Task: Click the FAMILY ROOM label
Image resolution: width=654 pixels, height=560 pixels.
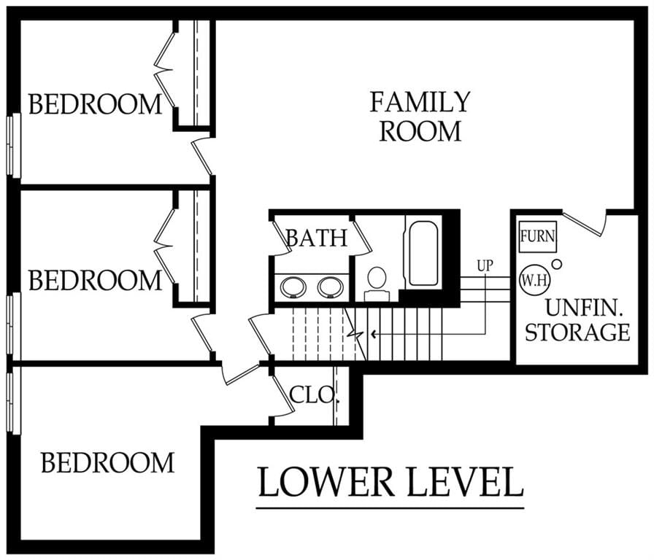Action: (x=420, y=117)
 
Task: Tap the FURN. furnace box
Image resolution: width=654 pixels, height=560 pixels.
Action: (x=538, y=236)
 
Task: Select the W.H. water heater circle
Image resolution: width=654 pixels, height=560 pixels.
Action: (x=535, y=280)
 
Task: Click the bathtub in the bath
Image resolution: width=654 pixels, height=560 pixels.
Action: (x=423, y=253)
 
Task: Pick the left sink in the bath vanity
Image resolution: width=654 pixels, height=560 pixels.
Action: (x=293, y=287)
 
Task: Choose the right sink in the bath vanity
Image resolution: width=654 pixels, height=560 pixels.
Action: (x=331, y=287)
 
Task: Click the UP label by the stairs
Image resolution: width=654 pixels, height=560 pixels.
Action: (x=485, y=265)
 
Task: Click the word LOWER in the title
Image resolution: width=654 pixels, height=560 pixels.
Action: (x=326, y=482)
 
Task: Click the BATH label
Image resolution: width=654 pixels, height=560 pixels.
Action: (x=317, y=238)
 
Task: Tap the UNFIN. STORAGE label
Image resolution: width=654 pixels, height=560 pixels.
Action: (x=577, y=320)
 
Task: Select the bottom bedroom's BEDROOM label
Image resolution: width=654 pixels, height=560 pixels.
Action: (x=107, y=462)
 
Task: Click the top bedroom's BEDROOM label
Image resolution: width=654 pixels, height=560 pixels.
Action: (x=95, y=104)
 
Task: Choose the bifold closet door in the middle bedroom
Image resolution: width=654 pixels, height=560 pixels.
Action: (x=164, y=246)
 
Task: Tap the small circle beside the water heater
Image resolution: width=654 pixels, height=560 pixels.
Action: (x=557, y=264)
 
